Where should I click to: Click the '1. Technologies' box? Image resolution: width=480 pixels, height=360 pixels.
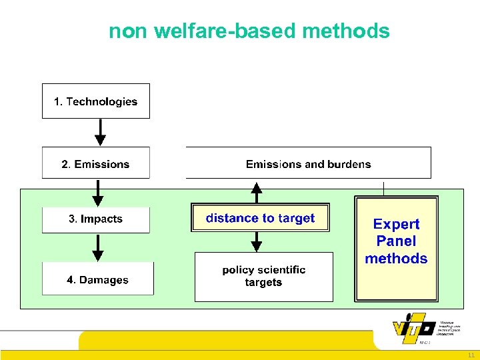[x=95, y=101]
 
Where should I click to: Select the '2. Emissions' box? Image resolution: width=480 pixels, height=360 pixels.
[x=95, y=163]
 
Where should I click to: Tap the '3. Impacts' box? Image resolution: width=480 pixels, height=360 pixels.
[x=95, y=219]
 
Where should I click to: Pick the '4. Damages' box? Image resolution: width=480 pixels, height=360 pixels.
[x=97, y=279]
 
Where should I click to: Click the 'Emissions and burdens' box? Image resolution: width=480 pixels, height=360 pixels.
[x=308, y=163]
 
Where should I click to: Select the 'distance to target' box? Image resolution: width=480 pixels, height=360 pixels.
[x=260, y=218]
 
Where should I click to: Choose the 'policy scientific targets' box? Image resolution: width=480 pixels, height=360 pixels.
[x=263, y=276]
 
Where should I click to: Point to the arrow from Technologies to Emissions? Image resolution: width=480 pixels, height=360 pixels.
[x=100, y=132]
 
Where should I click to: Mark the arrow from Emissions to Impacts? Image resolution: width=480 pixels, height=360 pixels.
[x=98, y=193]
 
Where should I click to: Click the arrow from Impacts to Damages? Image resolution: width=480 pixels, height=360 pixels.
[x=98, y=247]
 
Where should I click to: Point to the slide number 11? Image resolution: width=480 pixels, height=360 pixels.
[x=471, y=355]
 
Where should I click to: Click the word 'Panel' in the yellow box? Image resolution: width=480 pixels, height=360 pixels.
[x=396, y=241]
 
